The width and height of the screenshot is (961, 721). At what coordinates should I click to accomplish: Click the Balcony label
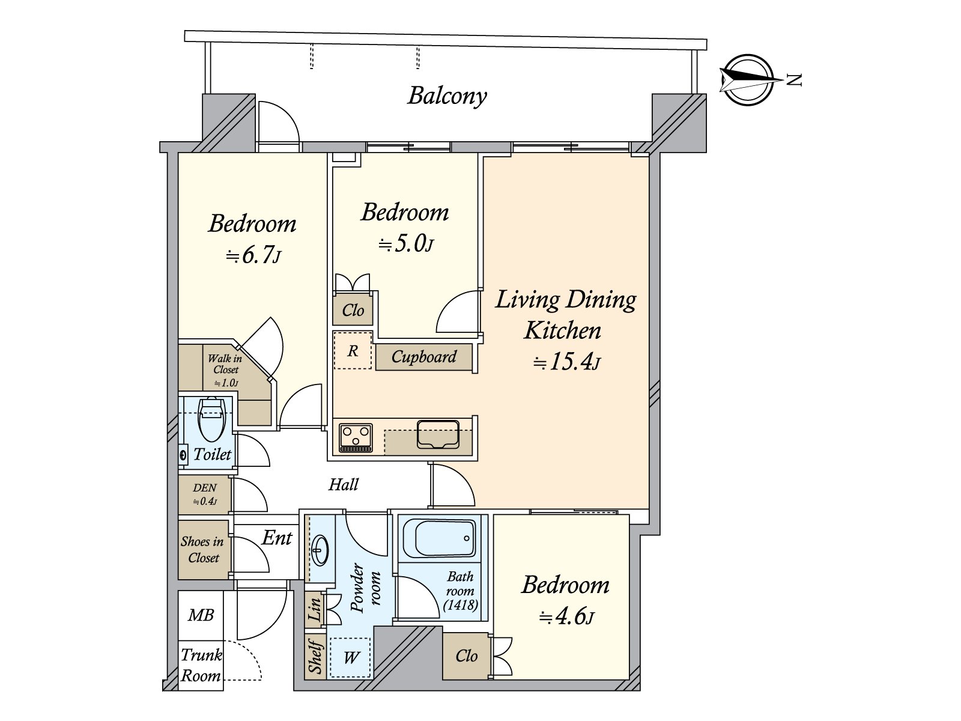click(x=447, y=96)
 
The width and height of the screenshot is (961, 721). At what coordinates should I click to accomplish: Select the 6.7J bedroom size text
click(x=253, y=255)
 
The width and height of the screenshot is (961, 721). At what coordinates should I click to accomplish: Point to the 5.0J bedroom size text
click(x=405, y=244)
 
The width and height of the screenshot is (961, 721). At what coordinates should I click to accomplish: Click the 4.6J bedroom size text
click(x=566, y=617)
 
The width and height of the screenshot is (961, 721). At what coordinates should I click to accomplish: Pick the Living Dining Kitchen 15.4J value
click(x=567, y=362)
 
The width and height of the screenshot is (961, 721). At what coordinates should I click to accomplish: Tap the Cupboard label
click(x=424, y=357)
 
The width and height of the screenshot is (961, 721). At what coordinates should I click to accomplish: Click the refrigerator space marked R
click(x=353, y=350)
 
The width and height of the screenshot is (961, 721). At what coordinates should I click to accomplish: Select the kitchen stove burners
click(x=356, y=437)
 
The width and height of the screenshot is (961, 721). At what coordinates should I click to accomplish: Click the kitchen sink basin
click(x=438, y=434)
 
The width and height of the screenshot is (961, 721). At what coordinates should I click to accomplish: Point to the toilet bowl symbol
click(x=211, y=419)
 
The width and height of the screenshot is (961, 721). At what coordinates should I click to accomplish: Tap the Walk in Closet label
click(x=225, y=370)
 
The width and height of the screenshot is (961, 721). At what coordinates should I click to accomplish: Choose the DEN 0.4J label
click(x=204, y=494)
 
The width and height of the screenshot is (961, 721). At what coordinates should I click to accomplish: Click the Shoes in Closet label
click(x=202, y=550)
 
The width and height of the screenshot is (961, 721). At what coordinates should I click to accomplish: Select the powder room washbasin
click(x=320, y=550)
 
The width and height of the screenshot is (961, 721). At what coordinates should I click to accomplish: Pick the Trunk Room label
click(x=201, y=666)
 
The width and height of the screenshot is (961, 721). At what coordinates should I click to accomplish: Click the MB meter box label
click(x=201, y=615)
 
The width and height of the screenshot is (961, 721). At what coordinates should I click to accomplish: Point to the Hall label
click(x=343, y=485)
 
